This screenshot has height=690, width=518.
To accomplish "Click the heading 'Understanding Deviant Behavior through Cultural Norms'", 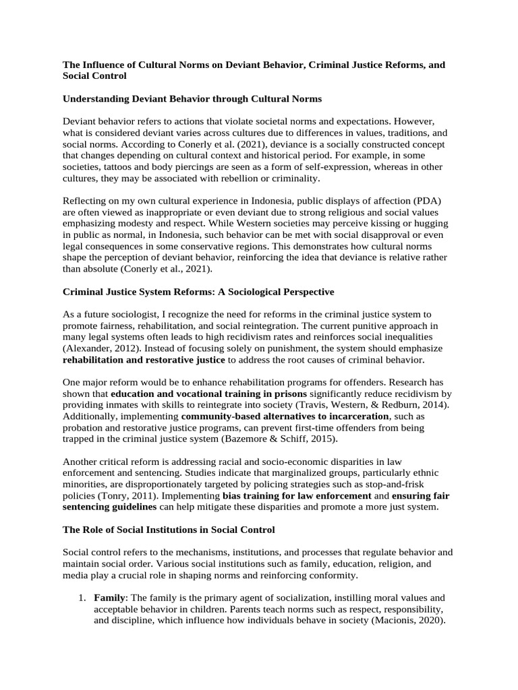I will pos(192,99).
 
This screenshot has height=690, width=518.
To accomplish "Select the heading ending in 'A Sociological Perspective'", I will pos(198,292).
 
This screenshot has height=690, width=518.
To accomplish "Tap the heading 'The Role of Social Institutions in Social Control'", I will pos(169,530).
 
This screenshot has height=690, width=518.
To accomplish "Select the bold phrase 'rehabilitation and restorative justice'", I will pos(144,360).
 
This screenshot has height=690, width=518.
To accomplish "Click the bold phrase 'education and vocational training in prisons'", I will pos(208,393).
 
